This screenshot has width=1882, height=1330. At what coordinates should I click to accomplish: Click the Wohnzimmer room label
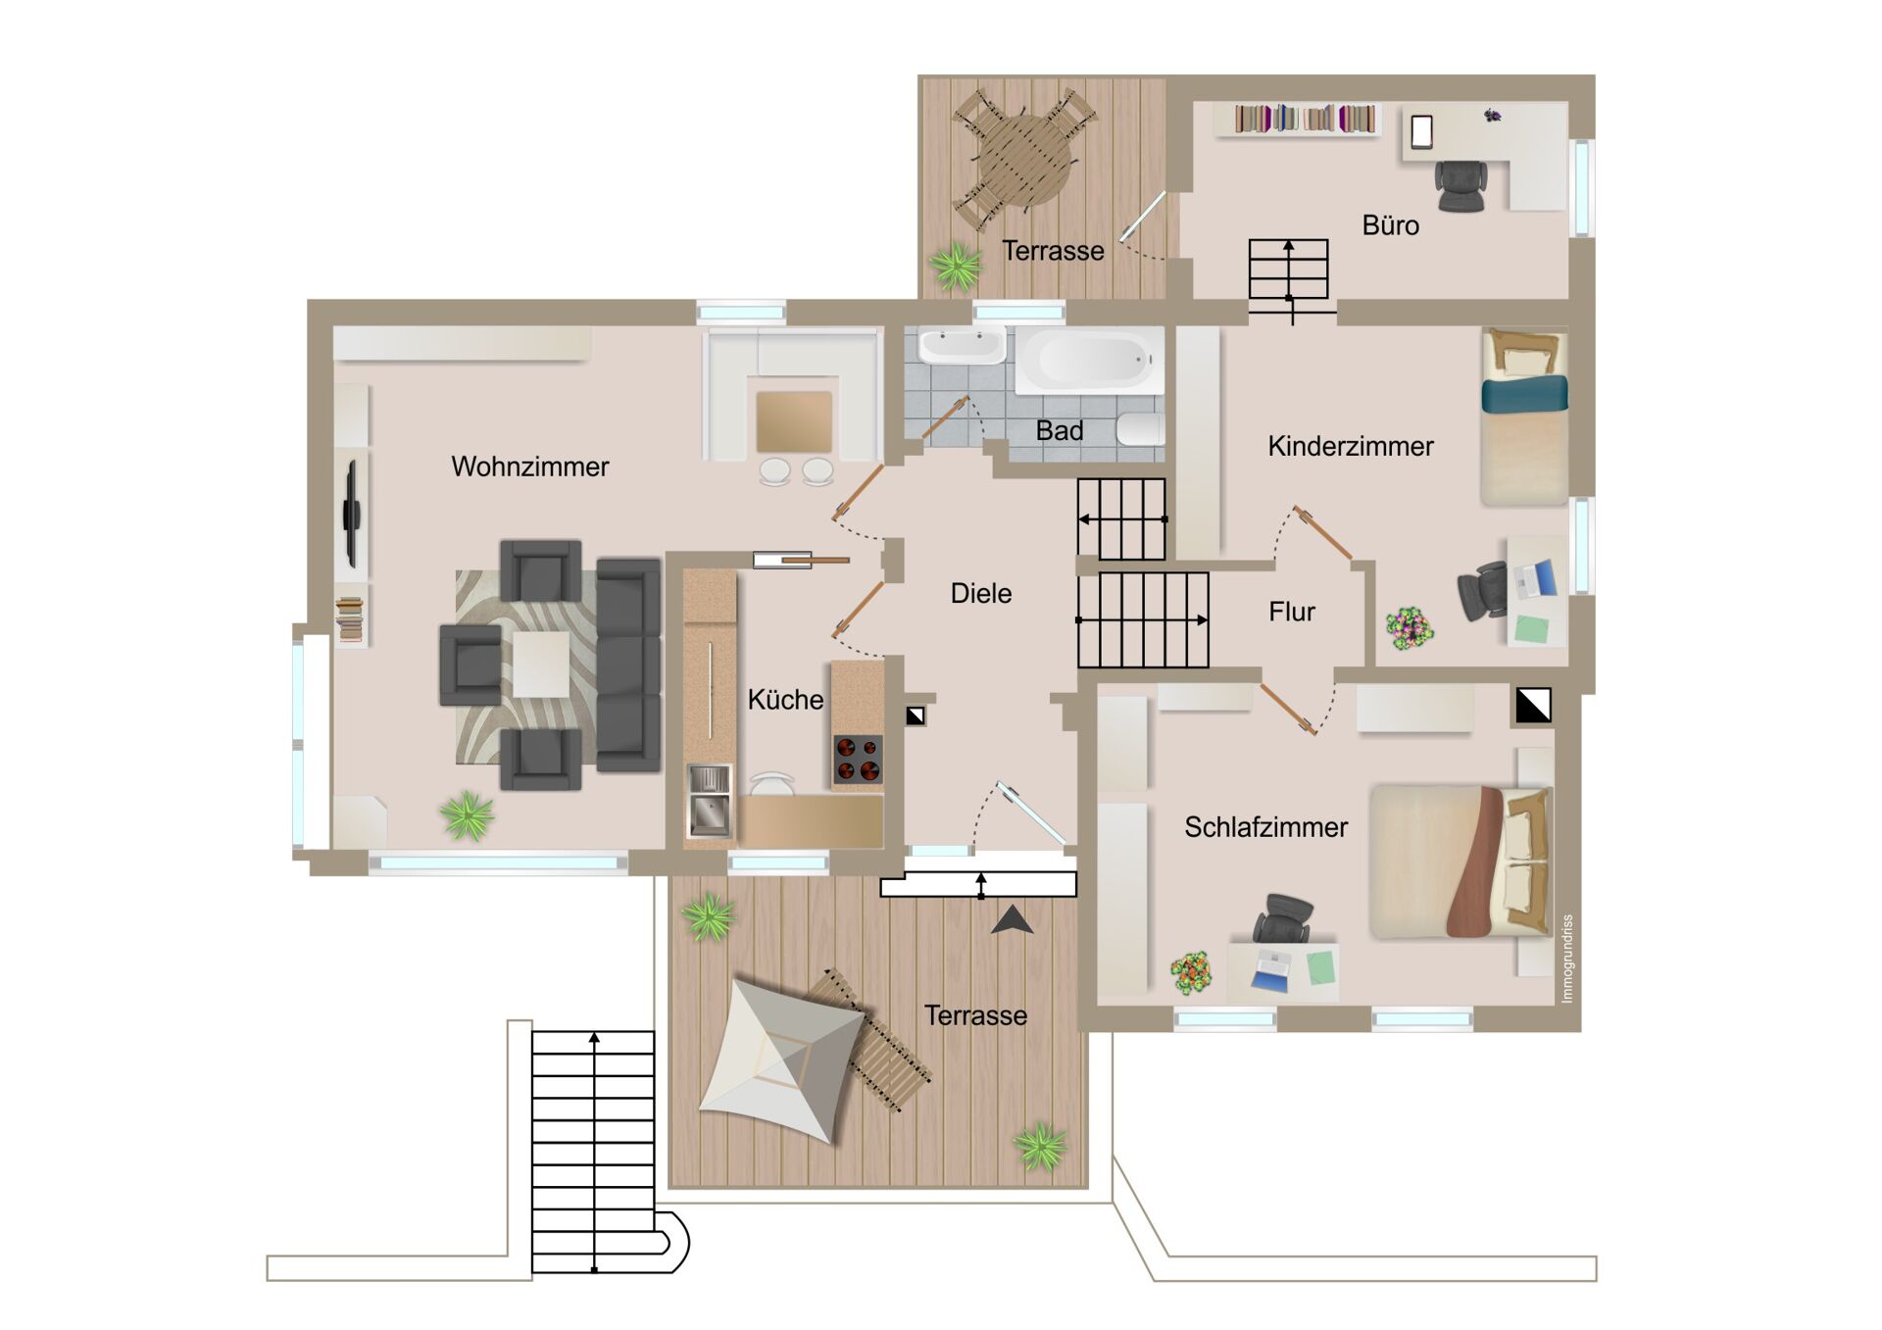point(529,467)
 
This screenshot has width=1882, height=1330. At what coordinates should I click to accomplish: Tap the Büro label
point(1390,225)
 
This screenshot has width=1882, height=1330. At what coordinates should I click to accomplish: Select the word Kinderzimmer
point(1350,447)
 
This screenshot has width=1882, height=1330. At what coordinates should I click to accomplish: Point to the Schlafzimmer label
point(1265,827)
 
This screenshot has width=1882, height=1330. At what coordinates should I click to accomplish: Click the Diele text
point(980,593)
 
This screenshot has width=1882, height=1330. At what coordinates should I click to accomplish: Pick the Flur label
point(1291,612)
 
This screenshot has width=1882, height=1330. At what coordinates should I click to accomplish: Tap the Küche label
point(785,700)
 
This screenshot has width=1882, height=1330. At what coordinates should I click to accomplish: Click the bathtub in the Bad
point(1089,360)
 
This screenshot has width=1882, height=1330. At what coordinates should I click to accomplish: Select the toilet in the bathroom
point(1140,429)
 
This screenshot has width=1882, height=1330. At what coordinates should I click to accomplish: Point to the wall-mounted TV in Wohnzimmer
point(351,513)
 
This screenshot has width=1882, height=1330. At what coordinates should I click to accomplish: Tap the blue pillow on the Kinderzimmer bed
point(1524,395)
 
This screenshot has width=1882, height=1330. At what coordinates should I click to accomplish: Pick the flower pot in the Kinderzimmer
point(1409,627)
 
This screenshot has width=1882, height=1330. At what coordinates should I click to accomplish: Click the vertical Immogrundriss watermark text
point(1566,959)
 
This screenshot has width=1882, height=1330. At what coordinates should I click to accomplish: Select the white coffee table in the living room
point(541,664)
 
